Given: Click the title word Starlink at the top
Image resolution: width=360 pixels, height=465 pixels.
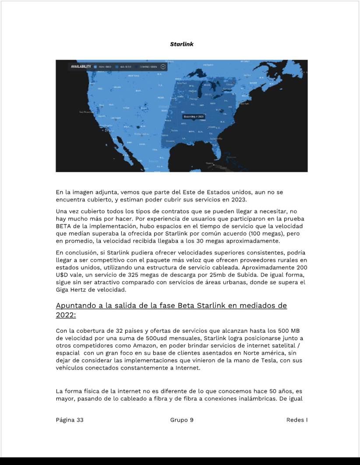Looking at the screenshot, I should [x=182, y=44].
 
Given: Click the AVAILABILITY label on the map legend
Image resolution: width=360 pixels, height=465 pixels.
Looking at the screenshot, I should [x=81, y=67].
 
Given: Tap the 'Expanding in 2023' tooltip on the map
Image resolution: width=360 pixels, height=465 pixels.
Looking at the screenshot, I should [x=194, y=116].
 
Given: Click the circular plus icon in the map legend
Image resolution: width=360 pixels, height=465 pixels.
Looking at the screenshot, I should [x=163, y=67].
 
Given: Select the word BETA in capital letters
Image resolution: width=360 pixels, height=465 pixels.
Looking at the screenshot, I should [x=64, y=226].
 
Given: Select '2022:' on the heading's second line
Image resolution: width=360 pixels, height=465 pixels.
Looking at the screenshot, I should [x=66, y=315].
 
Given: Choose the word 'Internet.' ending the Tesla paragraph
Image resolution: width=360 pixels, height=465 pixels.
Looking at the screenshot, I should [x=188, y=368].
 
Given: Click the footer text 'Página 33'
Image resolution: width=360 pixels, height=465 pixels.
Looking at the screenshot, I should [x=70, y=420].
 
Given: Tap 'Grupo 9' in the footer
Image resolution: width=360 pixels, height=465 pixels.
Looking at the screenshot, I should [x=182, y=420].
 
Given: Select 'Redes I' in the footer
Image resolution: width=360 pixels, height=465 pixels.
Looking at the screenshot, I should [x=296, y=420].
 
